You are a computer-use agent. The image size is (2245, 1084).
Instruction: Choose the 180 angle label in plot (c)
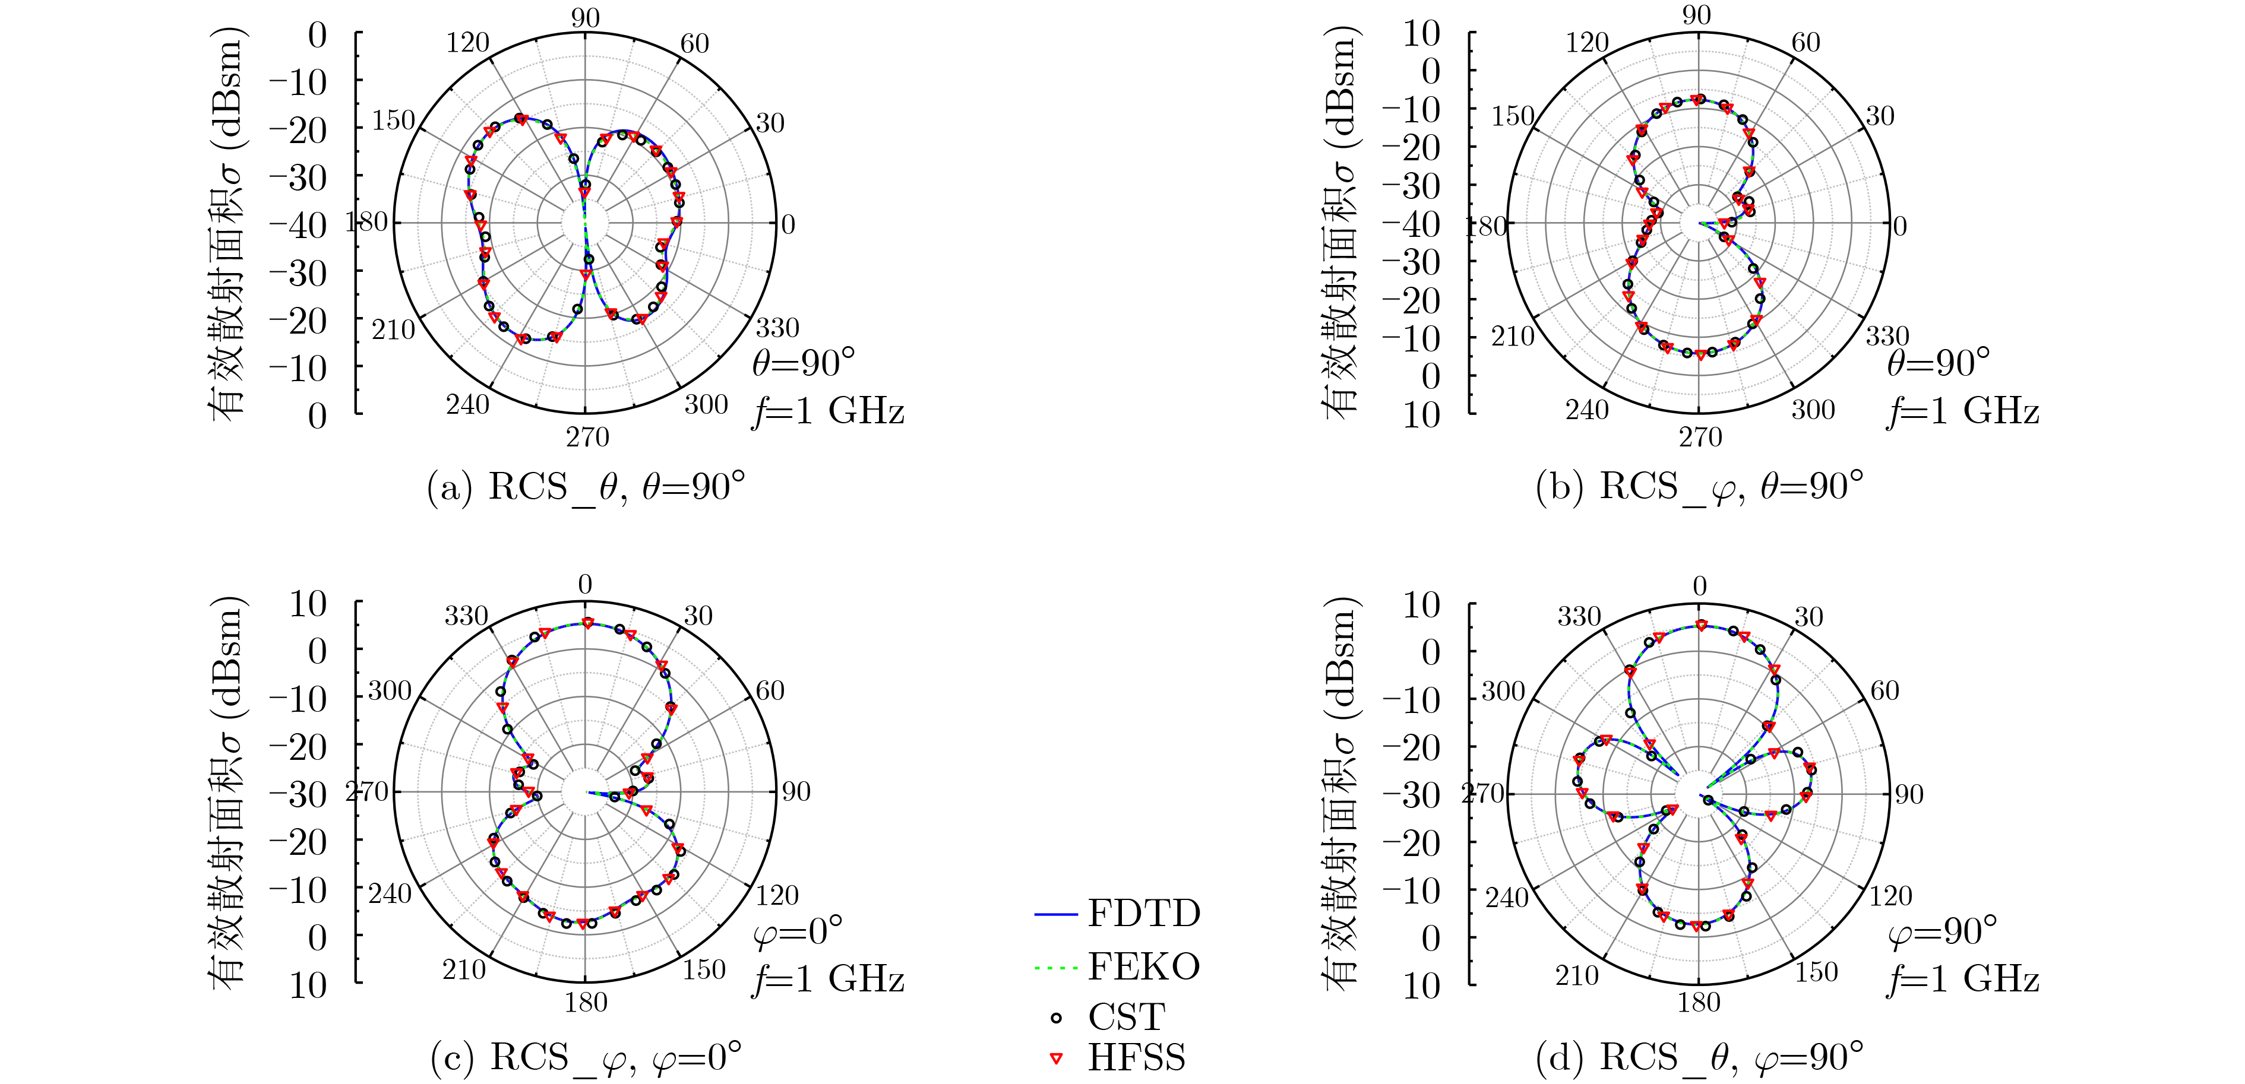[585, 1003]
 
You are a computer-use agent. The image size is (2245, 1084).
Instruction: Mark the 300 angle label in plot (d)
[1503, 692]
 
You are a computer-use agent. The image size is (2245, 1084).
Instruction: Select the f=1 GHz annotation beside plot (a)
[828, 410]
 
